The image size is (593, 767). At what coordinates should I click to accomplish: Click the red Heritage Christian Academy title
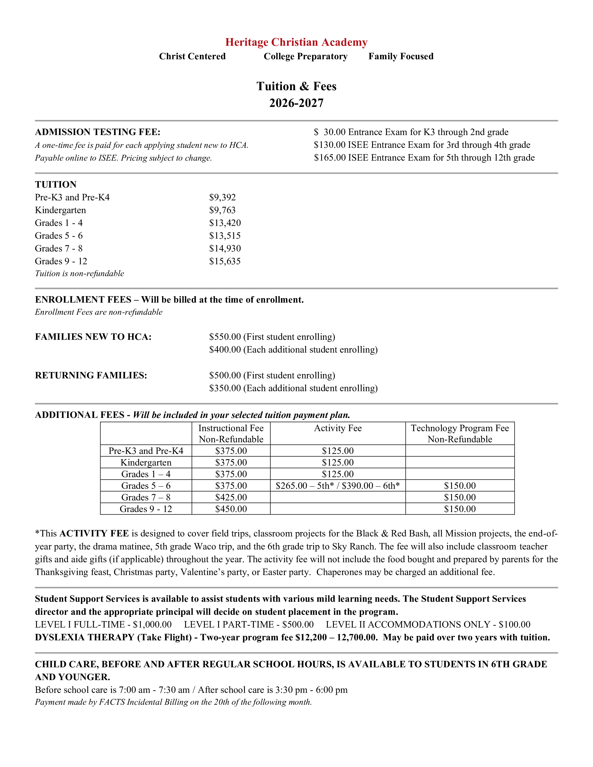coord(296,42)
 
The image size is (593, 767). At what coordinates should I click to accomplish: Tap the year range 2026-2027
coord(296,103)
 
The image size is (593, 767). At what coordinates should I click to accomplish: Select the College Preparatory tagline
coord(305,56)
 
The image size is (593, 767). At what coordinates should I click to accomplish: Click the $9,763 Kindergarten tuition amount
coord(222,210)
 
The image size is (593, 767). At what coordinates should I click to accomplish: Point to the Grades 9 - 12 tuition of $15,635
coord(225,261)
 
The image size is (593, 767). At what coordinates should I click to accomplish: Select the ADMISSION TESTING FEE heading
coord(98,132)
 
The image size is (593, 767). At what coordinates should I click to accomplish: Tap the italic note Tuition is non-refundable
coord(79,274)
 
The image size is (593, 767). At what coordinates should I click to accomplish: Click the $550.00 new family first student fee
coord(225,337)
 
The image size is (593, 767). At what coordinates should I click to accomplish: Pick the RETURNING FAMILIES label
coord(91,375)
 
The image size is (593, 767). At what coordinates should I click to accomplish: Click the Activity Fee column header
coord(338,428)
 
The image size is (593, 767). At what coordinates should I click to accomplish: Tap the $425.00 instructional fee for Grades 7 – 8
coord(231,497)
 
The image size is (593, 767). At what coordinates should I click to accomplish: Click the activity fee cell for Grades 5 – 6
coord(338,486)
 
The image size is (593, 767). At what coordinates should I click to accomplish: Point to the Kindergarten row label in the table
coord(146,463)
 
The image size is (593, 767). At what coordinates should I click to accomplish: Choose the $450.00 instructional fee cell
coord(231,509)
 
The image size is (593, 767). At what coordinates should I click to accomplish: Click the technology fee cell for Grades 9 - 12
coord(460,509)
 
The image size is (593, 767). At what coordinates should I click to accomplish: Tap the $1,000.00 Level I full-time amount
coord(152,625)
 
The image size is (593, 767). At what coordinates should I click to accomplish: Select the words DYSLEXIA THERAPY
coord(85,637)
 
